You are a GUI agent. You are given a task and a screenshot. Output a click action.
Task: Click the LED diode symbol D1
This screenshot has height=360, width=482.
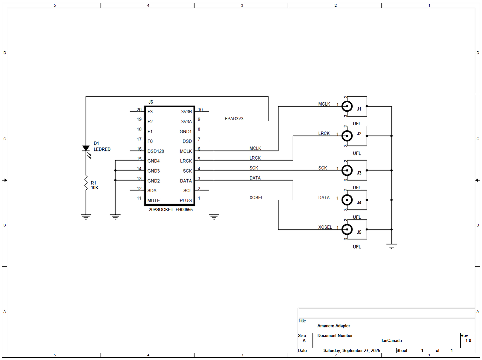click(86, 149)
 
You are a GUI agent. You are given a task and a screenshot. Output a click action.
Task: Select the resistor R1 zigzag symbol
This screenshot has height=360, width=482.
click(86, 183)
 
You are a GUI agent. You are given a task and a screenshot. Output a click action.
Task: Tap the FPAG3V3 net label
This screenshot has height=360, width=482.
click(234, 119)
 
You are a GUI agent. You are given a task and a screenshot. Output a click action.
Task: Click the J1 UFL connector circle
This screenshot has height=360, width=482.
click(347, 106)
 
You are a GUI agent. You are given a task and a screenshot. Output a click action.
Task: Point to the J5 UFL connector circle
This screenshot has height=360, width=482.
click(347, 229)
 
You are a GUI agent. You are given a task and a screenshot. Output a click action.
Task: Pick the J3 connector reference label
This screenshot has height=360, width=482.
click(359, 173)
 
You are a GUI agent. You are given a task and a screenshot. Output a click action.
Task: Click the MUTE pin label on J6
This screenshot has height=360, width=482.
click(153, 201)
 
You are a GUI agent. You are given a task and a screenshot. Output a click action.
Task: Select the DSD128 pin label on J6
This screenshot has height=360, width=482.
click(155, 151)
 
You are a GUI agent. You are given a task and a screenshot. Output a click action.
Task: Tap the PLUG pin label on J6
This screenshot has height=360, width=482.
click(185, 201)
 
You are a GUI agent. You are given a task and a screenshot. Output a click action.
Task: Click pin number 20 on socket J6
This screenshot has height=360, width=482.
click(139, 110)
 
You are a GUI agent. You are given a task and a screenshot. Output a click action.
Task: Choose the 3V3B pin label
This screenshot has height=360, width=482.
click(186, 112)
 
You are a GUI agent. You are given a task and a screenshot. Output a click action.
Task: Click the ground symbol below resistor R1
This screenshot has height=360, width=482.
click(86, 217)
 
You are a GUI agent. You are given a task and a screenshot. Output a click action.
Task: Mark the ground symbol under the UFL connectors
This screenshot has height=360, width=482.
click(391, 247)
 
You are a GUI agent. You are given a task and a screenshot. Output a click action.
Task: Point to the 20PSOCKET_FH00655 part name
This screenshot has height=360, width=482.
click(170, 210)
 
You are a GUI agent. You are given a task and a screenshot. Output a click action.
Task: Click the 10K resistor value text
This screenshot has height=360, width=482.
click(95, 188)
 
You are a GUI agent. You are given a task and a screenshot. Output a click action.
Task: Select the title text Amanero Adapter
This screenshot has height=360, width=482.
click(334, 326)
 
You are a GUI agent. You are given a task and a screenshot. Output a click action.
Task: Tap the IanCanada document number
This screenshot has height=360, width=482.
click(392, 341)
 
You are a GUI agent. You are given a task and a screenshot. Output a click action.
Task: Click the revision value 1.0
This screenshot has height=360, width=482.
click(468, 341)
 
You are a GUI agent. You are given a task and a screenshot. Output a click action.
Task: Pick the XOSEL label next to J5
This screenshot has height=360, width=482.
click(325, 227)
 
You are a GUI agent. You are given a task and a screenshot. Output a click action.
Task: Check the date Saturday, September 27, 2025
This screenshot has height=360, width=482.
click(352, 351)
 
